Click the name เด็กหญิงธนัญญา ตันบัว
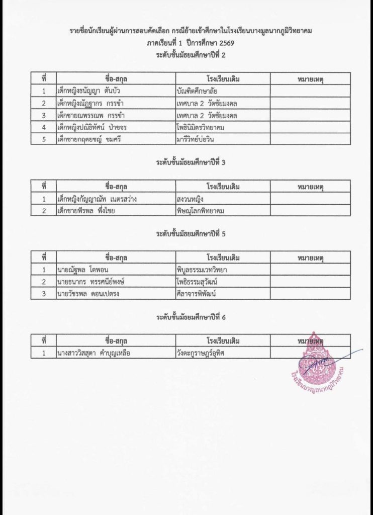click(88, 92)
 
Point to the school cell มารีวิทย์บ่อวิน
click(199, 140)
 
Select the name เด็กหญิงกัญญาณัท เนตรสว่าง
click(97, 199)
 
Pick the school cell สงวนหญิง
click(190, 199)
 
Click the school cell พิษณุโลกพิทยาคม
click(203, 211)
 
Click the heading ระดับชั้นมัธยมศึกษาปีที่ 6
click(191, 317)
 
